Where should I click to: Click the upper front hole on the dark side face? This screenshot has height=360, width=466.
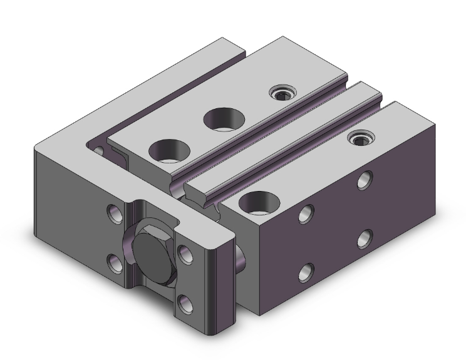(x=306, y=214)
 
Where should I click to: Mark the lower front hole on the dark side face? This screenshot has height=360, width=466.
(x=306, y=272)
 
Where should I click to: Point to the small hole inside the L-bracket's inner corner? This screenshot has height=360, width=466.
(x=98, y=151)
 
